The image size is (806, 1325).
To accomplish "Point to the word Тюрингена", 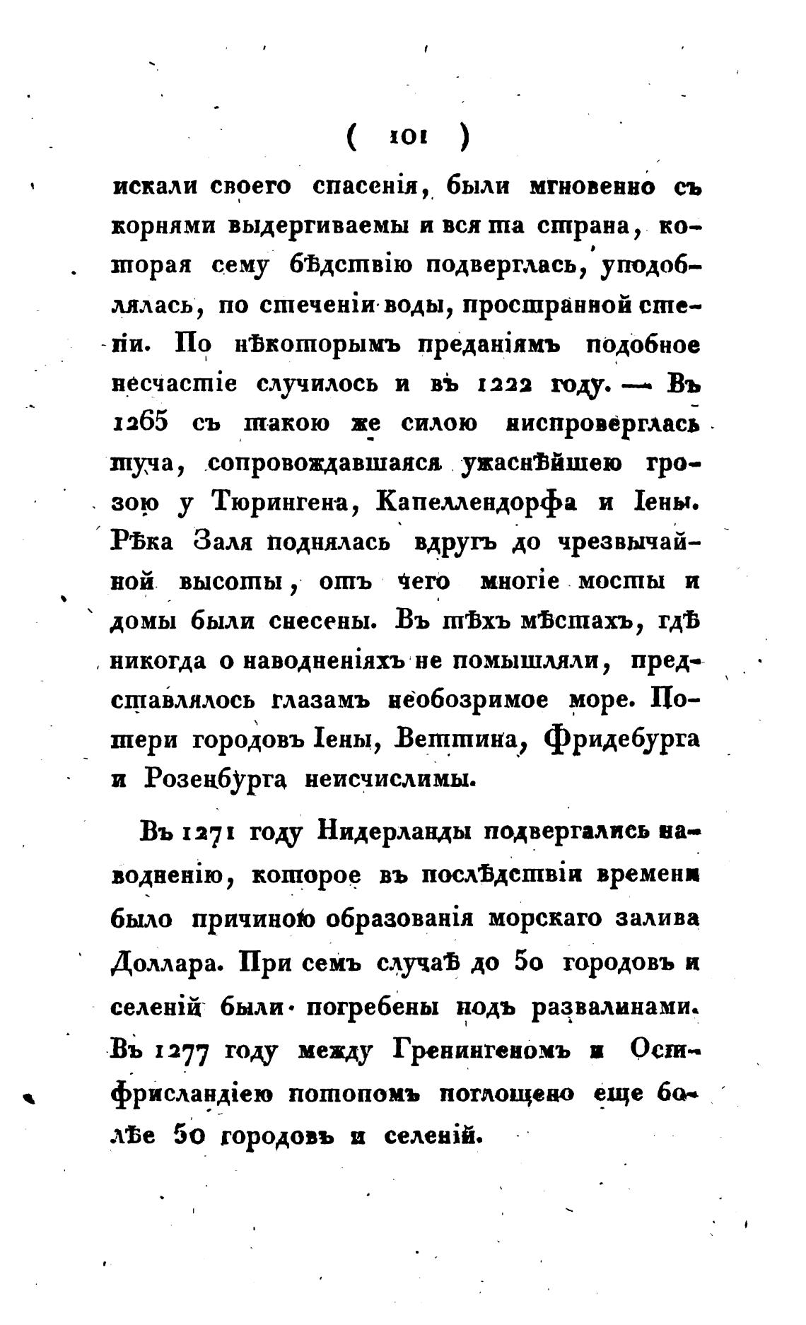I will pos(286,503).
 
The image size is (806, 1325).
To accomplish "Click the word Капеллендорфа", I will pos(477,503).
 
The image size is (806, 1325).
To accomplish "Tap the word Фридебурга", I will pos(621,740).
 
